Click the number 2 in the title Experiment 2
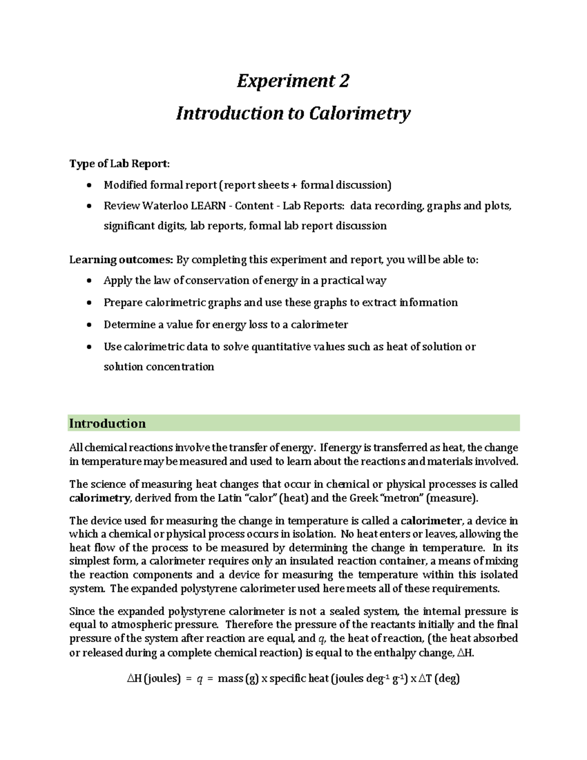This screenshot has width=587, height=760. point(344,81)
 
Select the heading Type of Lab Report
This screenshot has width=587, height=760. point(119,163)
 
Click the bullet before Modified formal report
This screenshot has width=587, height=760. point(89,185)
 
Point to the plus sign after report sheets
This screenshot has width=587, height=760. point(294,185)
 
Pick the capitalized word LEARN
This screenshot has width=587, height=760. point(208,206)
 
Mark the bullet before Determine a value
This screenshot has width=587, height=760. point(89,324)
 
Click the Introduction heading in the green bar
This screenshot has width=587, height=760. point(107,423)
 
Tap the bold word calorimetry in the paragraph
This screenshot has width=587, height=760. point(100,498)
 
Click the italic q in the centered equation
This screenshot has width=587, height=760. point(200,679)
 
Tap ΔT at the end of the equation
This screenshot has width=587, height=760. point(426,679)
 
